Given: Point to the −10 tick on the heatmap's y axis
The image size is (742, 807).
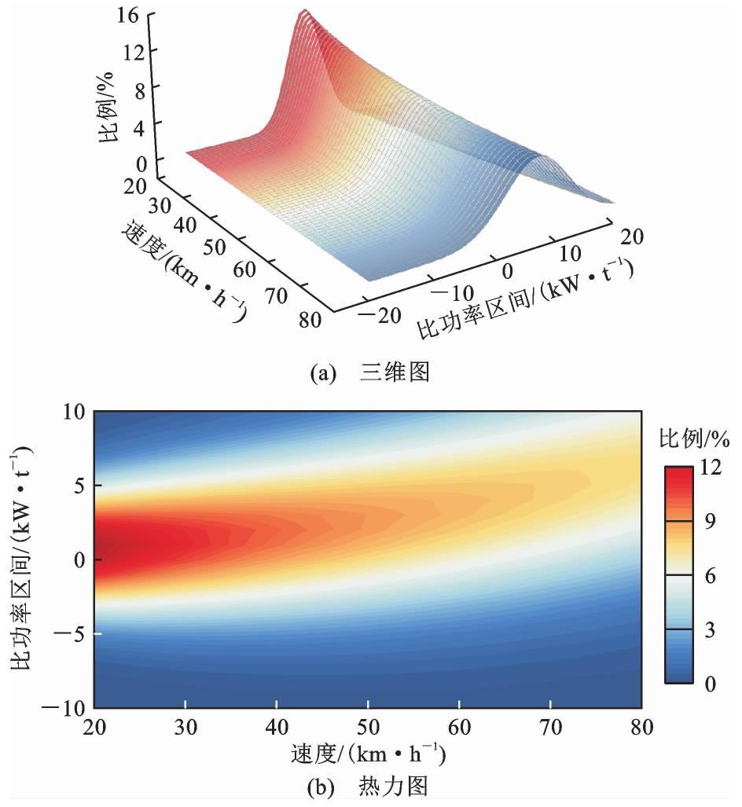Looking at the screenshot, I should [67, 707].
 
